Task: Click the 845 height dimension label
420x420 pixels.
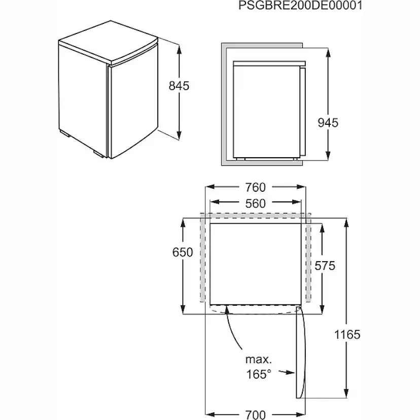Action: pyautogui.click(x=179, y=86)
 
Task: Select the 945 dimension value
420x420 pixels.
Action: pyautogui.click(x=328, y=122)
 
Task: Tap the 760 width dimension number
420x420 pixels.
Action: pyautogui.click(x=255, y=187)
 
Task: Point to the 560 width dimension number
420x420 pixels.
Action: pyautogui.click(x=255, y=203)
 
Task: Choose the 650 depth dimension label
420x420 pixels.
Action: pyautogui.click(x=183, y=252)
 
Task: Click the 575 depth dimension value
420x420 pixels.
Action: pyautogui.click(x=325, y=265)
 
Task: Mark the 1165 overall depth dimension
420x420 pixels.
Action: pyautogui.click(x=347, y=334)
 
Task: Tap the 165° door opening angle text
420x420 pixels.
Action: pyautogui.click(x=259, y=374)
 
